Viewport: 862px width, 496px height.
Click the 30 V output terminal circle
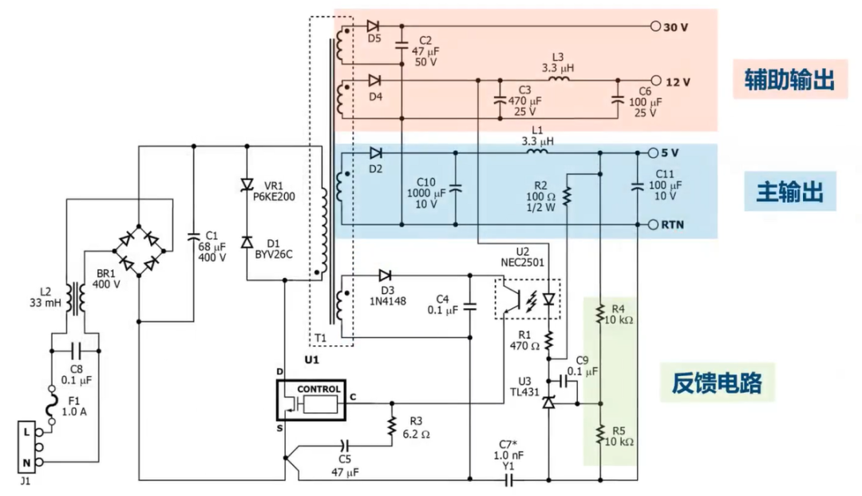tap(654, 26)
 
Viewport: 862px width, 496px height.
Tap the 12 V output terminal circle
tap(655, 81)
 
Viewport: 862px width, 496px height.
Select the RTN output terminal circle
tap(653, 224)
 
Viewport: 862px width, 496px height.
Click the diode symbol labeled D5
tap(374, 26)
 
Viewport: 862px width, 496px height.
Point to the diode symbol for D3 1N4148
tap(385, 275)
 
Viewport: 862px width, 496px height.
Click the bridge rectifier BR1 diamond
tap(139, 251)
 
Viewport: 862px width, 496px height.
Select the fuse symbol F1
tap(52, 405)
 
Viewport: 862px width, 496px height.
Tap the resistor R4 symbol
tap(600, 315)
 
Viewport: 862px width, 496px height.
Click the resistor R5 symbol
tap(600, 435)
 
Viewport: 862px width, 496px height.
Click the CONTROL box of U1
tap(311, 400)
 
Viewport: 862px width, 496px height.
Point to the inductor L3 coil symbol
tap(559, 79)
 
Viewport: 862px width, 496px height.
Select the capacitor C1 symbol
tap(193, 237)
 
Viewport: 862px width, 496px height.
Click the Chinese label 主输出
tap(790, 192)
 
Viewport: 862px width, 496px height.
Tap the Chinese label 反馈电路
tap(717, 383)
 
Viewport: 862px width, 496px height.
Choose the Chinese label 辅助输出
tap(790, 79)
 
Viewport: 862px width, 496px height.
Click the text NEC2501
tap(522, 262)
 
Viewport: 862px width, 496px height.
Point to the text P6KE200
tap(274, 196)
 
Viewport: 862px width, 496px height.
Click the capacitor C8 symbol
tap(76, 351)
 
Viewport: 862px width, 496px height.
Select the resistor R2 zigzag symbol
tap(567, 196)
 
